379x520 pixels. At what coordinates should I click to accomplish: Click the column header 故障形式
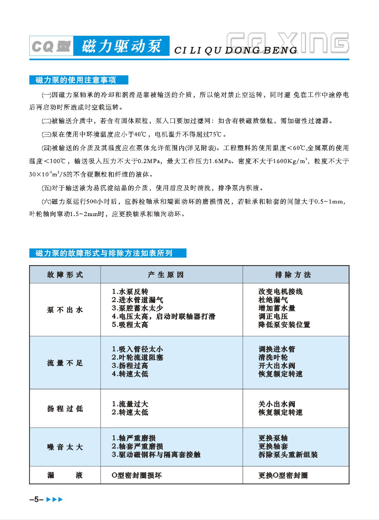pos(65,275)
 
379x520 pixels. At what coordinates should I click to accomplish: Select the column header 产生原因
pos(166,275)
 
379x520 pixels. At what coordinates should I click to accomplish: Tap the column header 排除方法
pos(293,275)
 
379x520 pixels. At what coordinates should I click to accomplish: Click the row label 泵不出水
pos(65,310)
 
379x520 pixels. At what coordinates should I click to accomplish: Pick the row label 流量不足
pos(65,363)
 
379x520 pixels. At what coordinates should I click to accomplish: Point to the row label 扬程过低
pos(65,408)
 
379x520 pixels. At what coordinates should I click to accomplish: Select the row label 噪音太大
pos(65,447)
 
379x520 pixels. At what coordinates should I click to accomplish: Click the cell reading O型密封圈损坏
pos(137,475)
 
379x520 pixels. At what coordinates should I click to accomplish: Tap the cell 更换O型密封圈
pos(283,475)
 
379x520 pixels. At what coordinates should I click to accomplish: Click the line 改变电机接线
pos(280,292)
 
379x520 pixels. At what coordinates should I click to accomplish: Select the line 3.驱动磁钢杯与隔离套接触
pos(156,455)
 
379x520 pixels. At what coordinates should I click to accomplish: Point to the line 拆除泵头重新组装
pos(288,455)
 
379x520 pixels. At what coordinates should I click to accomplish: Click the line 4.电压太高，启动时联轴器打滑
pos(163,316)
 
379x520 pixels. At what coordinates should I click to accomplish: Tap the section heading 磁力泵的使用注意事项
pos(76,80)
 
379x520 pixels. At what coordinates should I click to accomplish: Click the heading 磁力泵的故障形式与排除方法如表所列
pos(104,253)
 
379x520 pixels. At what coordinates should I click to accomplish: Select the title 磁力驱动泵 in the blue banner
pos(121,46)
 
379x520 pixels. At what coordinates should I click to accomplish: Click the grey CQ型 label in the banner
pos(51,46)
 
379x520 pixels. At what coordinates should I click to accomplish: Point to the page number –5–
pos(36,499)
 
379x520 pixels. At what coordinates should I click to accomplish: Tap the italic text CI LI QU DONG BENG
pos(236,50)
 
